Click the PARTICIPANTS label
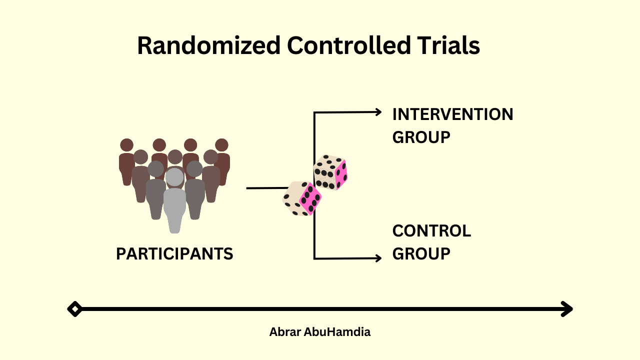click(174, 254)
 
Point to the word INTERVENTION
click(452, 114)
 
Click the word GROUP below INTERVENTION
click(421, 137)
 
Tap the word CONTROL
click(431, 231)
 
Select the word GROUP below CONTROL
click(421, 253)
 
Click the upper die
click(330, 172)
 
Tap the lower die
click(302, 198)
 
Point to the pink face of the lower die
click(310, 199)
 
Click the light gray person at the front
click(174, 200)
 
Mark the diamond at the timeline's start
click(74, 309)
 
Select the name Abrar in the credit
click(284, 332)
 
